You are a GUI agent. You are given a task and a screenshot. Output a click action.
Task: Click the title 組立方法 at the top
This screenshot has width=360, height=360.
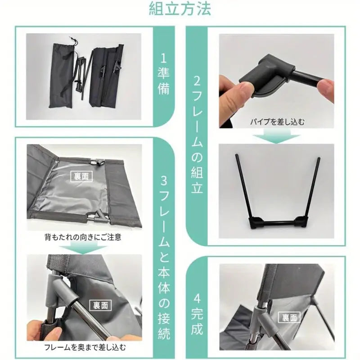[180, 9]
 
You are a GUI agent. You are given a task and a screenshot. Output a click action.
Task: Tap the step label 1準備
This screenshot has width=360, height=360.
[163, 75]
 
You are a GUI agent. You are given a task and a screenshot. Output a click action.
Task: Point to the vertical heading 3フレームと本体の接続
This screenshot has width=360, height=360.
[164, 258]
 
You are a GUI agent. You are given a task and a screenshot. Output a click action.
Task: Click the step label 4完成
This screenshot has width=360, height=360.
[197, 314]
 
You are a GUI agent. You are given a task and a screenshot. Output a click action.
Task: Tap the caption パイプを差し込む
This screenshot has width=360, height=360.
[277, 121]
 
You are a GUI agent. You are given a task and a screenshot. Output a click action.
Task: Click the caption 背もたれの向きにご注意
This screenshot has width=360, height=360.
[83, 237]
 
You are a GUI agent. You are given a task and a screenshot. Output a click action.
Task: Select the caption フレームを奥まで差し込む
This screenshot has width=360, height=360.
[85, 347]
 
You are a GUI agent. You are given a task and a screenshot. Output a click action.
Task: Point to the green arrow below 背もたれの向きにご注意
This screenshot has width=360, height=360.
[83, 248]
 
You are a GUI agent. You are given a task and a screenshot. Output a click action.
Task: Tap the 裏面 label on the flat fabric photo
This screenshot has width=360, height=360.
[81, 176]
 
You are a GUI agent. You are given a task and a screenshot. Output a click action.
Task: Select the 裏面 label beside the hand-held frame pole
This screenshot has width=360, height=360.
[100, 306]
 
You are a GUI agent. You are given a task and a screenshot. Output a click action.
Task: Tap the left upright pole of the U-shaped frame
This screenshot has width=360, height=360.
[243, 186]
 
